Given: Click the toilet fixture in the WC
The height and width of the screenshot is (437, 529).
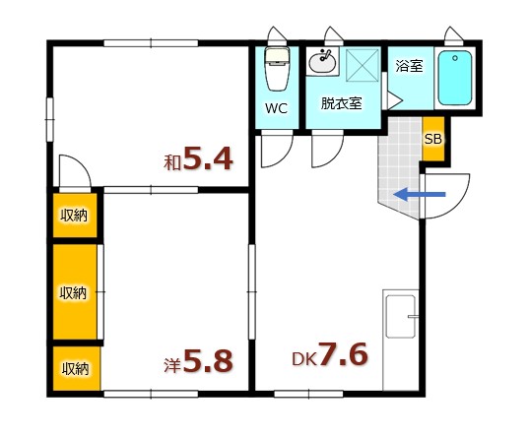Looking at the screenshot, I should click(x=276, y=69).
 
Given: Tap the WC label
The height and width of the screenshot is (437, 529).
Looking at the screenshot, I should click(x=276, y=109).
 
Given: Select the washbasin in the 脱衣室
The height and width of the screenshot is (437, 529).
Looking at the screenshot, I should click(x=322, y=62).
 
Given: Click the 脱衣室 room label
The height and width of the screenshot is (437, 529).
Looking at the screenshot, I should click(x=341, y=102).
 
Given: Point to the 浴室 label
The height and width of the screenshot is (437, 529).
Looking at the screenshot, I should click(x=409, y=67).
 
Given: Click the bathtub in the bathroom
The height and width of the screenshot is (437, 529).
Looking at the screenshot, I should click(x=454, y=78).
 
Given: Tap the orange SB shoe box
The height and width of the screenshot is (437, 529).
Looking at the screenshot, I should click(x=432, y=139).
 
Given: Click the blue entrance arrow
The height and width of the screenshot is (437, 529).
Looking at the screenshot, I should click(x=420, y=195).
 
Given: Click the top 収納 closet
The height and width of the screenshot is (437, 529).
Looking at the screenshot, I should click(x=75, y=216).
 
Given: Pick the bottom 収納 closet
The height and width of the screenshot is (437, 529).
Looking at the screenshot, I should click(x=75, y=369).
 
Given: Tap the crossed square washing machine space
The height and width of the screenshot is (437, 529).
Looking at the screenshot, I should click(x=362, y=66).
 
